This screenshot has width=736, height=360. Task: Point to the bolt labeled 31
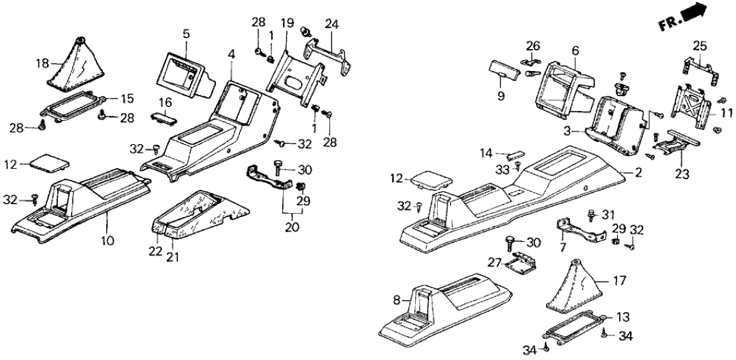click(591, 215)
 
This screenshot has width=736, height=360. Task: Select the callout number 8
click(397, 300)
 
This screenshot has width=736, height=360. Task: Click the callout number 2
click(638, 174)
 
